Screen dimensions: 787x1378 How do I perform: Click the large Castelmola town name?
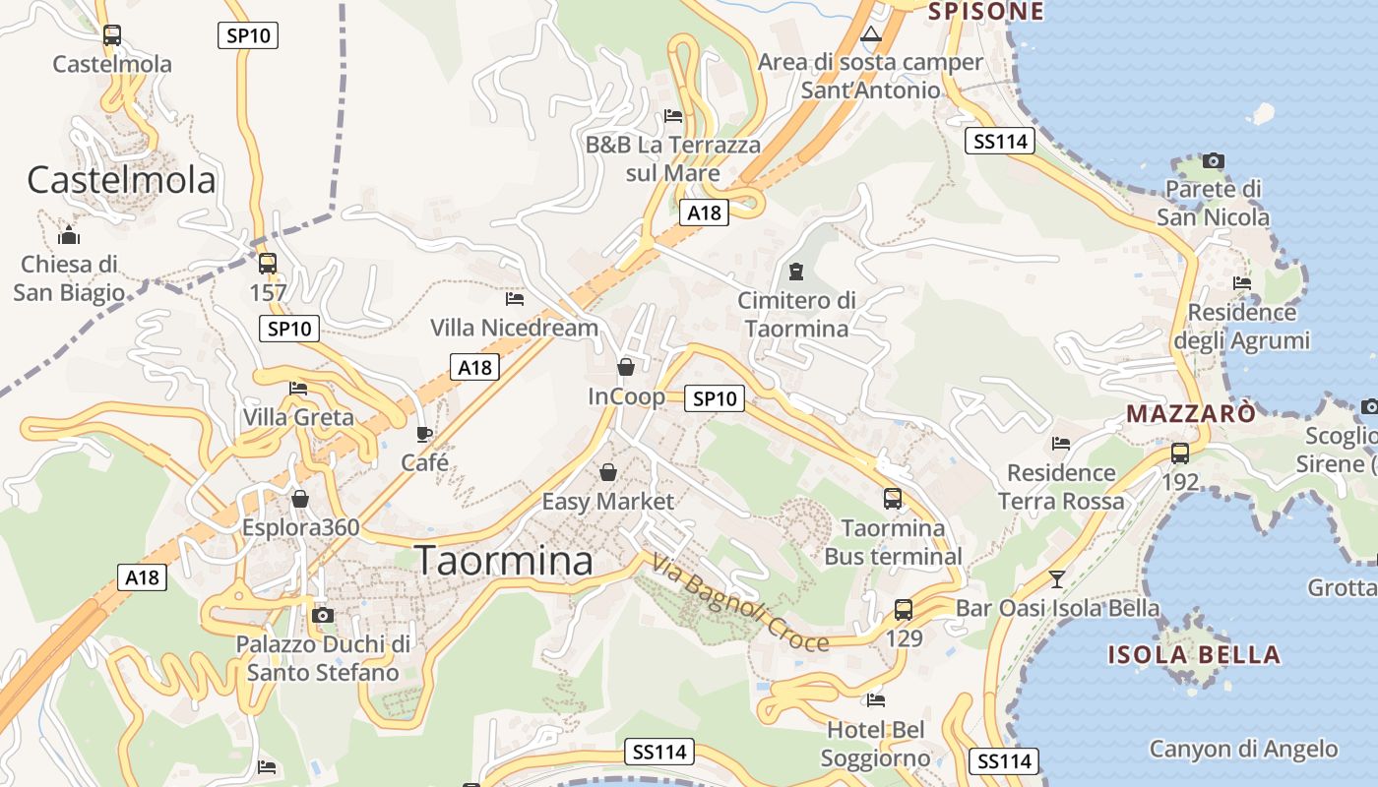[x=121, y=180]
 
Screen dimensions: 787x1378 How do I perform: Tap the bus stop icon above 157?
[x=267, y=264]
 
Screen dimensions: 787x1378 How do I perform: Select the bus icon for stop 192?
[x=1179, y=454]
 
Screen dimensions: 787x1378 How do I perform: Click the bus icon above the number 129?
[x=904, y=610]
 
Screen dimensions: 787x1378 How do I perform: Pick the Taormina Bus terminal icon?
[x=893, y=499]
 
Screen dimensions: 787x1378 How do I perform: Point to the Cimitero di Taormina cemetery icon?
[x=796, y=272]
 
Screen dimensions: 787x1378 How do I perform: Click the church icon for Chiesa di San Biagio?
[x=69, y=236]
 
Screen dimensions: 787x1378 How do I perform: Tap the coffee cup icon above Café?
[x=424, y=434]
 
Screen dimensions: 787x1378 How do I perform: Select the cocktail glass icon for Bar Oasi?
[x=1057, y=579]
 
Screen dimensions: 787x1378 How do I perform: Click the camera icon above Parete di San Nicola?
[x=1213, y=160]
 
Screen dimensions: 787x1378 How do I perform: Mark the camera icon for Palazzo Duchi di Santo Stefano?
[x=322, y=616]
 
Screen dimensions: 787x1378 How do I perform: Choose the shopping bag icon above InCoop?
[x=625, y=368]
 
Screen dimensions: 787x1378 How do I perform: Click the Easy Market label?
[x=608, y=502]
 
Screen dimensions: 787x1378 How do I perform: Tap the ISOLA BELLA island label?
[x=1194, y=655]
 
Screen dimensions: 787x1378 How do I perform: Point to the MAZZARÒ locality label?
[x=1191, y=413]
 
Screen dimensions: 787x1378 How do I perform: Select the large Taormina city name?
[x=504, y=561]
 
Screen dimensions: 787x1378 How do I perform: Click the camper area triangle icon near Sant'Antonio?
[x=870, y=35]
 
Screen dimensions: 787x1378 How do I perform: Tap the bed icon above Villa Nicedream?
[x=514, y=298]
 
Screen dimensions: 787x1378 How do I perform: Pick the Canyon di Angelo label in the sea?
[x=1244, y=749]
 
